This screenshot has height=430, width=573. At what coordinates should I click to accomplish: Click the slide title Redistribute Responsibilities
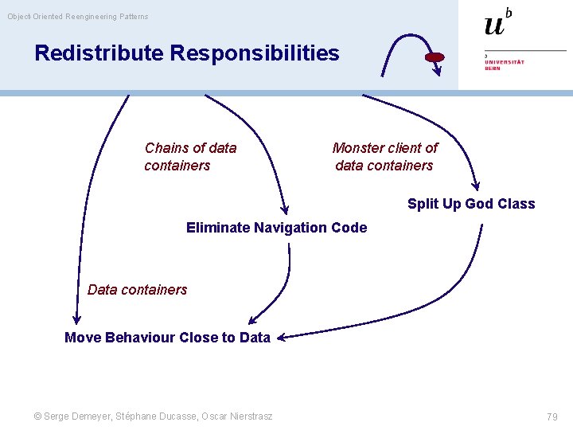(186, 53)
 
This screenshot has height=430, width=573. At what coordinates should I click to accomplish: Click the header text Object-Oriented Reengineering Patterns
(78, 17)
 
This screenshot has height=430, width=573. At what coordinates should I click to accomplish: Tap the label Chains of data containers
(190, 157)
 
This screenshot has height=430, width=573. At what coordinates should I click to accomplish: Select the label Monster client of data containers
(384, 157)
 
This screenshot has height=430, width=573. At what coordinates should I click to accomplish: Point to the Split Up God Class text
(471, 204)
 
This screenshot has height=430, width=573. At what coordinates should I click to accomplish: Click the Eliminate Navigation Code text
(276, 228)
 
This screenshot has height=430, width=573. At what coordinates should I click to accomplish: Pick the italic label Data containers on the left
(137, 290)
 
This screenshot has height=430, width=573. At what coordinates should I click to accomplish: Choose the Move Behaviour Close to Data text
(167, 338)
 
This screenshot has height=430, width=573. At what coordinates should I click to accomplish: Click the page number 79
(552, 416)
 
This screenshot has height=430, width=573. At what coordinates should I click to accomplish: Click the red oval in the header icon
(435, 57)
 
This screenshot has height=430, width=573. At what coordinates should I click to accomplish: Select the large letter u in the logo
(493, 25)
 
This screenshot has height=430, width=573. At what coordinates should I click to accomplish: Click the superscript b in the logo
(509, 12)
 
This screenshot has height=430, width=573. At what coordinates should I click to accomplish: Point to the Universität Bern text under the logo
(505, 63)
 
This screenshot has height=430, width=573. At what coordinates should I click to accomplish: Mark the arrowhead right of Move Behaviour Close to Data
(282, 337)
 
